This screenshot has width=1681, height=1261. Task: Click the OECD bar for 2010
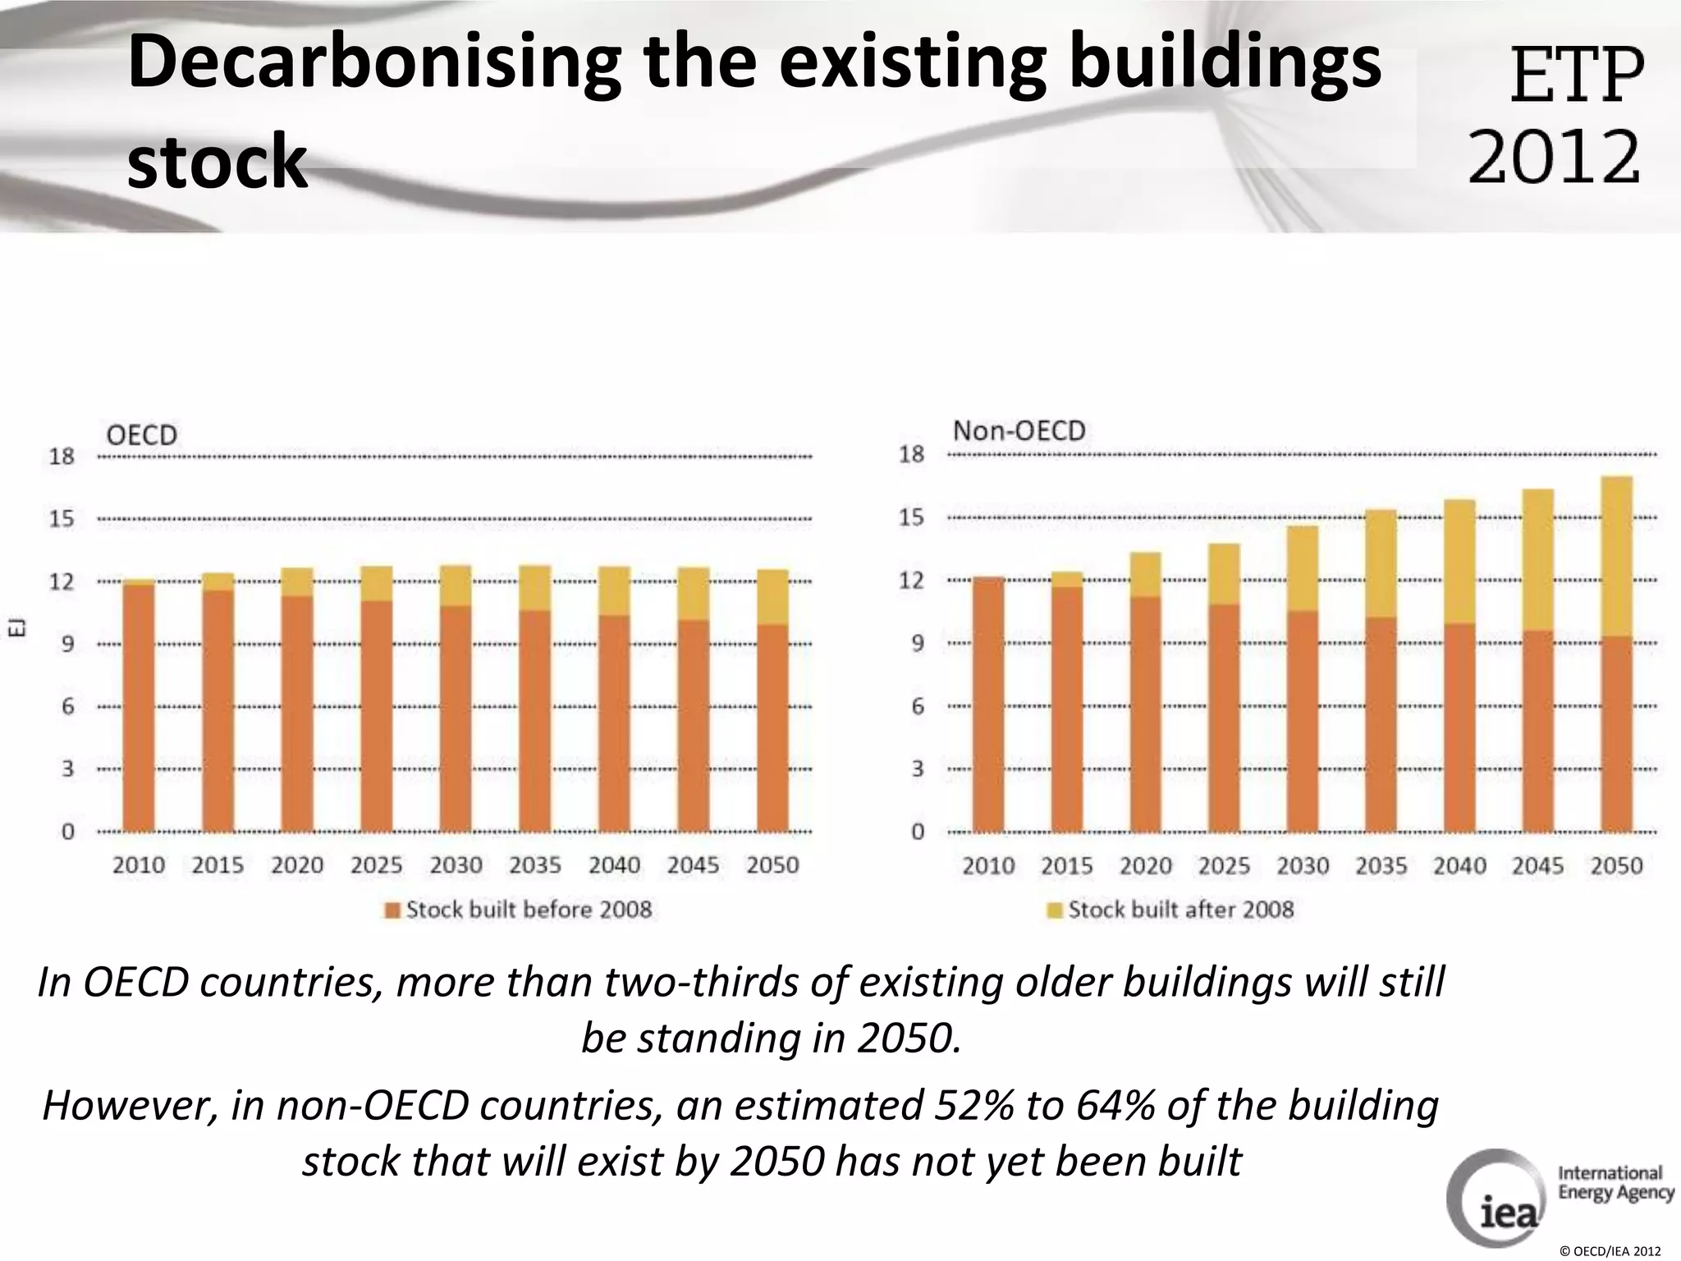click(139, 706)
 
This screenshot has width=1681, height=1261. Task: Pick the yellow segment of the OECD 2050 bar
click(772, 597)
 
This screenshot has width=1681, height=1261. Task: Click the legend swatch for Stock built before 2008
click(393, 910)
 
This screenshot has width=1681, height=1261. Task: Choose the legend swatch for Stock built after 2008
click(1055, 910)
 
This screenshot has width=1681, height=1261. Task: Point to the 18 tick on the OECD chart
click(62, 456)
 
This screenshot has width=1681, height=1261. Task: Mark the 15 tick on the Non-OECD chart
click(911, 517)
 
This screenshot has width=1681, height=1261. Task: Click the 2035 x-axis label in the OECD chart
click(535, 865)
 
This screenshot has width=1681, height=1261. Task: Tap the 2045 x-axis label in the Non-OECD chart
click(1537, 866)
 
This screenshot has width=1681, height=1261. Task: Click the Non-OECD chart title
click(1019, 431)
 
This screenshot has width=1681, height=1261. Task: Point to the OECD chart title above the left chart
click(142, 434)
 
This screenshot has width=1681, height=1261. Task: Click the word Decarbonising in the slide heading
click(373, 66)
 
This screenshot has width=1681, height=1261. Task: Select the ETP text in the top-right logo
click(1577, 76)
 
